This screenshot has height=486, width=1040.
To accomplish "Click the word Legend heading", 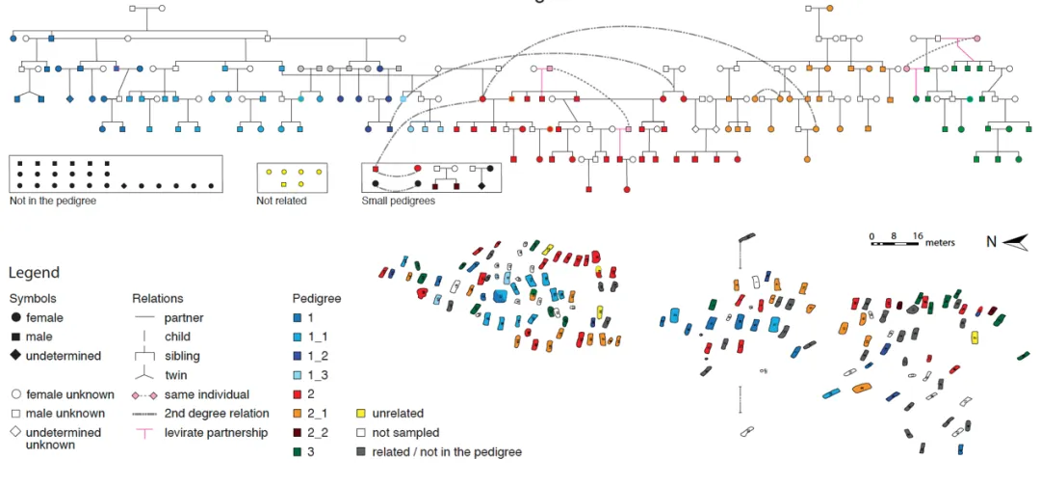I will click(x=35, y=273).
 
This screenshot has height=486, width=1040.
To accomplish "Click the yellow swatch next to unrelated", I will click(x=360, y=414).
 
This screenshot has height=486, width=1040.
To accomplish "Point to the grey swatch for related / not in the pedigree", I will click(x=360, y=451).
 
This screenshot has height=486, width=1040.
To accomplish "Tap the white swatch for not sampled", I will click(x=360, y=433).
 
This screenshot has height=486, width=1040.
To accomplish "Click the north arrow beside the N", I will click(x=1015, y=243).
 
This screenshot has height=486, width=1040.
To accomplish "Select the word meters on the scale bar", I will click(x=940, y=243).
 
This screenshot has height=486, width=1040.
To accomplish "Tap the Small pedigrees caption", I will click(x=398, y=201).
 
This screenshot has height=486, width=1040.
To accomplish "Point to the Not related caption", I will click(x=279, y=201).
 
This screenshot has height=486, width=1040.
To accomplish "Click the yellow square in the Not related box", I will click(x=284, y=184).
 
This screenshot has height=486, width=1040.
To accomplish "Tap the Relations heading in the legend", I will click(x=157, y=299).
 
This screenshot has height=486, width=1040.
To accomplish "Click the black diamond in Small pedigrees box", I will click(x=481, y=184).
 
